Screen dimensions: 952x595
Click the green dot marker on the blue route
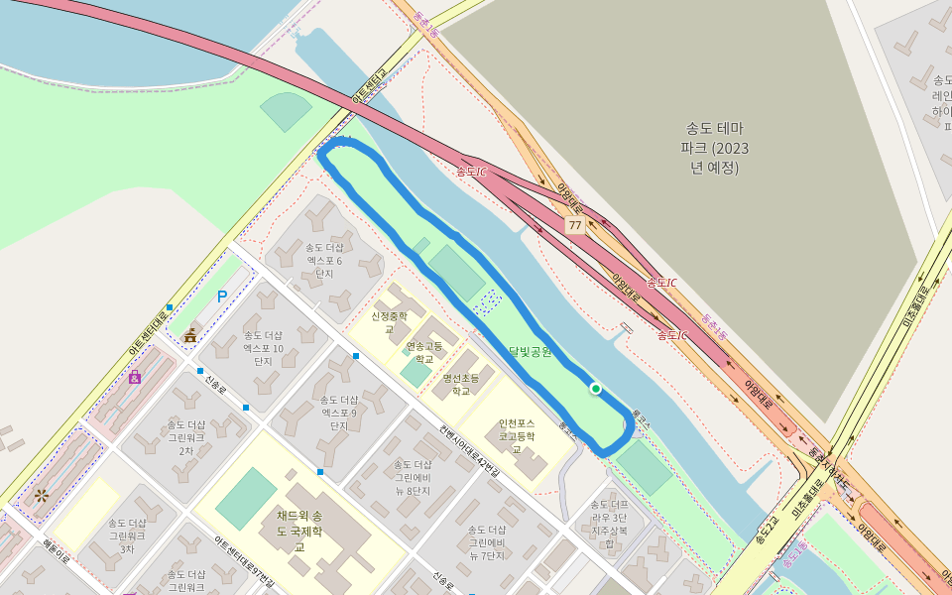[595, 389]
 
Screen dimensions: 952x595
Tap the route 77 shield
[574, 226]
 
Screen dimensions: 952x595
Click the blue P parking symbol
[222, 296]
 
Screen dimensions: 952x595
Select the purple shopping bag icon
[134, 377]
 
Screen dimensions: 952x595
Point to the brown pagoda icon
[189, 335]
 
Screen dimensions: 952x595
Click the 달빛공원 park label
[530, 352]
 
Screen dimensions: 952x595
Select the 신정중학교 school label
[389, 322]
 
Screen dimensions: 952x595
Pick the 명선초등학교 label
[461, 384]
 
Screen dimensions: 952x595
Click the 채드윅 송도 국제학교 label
[300, 531]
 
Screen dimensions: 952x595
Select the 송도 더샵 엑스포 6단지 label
[324, 260]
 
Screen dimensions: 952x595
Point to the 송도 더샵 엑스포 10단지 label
[263, 348]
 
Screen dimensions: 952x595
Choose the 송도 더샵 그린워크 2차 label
[184, 436]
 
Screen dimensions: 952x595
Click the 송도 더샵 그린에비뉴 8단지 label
[412, 477]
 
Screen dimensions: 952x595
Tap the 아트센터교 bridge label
[368, 86]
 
